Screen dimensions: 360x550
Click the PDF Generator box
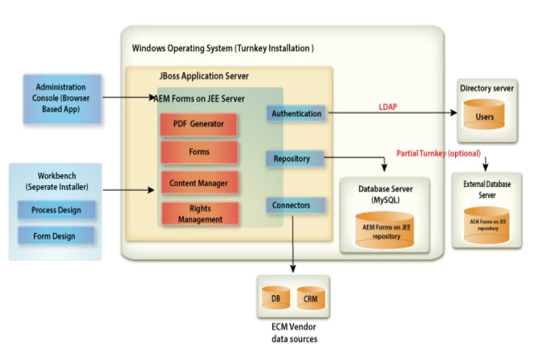point(199,124)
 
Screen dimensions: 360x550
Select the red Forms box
point(199,152)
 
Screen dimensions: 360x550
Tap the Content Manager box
point(199,183)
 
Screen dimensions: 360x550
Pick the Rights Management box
point(199,214)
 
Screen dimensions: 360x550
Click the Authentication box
point(296,114)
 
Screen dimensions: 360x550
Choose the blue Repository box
point(292,159)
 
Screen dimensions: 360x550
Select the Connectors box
point(291,205)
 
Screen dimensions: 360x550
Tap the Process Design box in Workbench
point(56,210)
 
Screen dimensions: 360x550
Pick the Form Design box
point(54,236)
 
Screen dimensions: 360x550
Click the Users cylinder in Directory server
point(485,116)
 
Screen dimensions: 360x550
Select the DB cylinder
point(276,299)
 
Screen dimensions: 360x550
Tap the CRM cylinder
point(311,299)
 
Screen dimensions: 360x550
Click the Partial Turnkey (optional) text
point(438,154)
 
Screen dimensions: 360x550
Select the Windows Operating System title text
point(223,48)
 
